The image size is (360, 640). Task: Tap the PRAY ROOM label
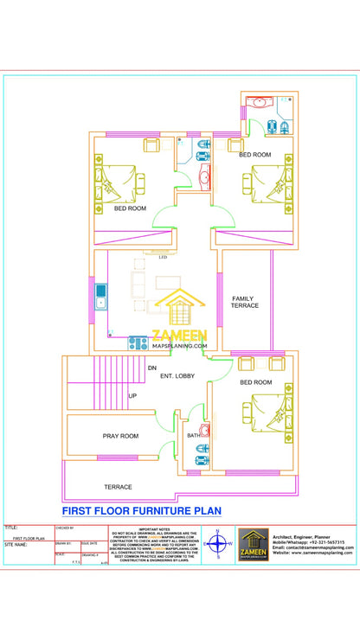[120, 436]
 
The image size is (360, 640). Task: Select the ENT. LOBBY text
[177, 376]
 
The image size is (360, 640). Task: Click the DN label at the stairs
[151, 368]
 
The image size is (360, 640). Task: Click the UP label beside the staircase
[132, 396]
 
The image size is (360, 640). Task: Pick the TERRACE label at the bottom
[119, 487]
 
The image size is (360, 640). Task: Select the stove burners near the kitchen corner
[138, 343]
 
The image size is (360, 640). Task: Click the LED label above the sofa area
[162, 257]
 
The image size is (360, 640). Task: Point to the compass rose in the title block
[218, 545]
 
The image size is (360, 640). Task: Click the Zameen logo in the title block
[254, 544]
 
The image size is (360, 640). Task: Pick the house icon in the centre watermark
[179, 310]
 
